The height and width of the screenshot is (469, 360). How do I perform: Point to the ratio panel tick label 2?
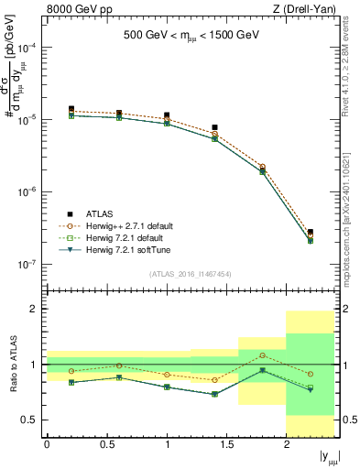click(x=34, y=310)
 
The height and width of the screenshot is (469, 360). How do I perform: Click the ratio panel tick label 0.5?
click(x=30, y=420)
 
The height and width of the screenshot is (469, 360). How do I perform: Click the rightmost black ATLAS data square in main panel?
click(x=311, y=233)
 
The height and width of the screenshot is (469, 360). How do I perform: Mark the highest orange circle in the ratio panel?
click(x=263, y=355)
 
